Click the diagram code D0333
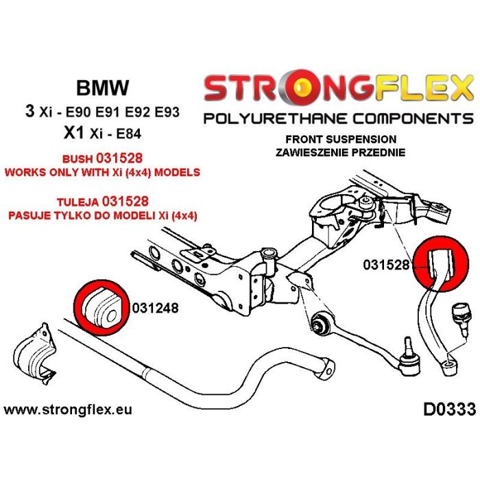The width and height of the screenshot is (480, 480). [444, 411]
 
